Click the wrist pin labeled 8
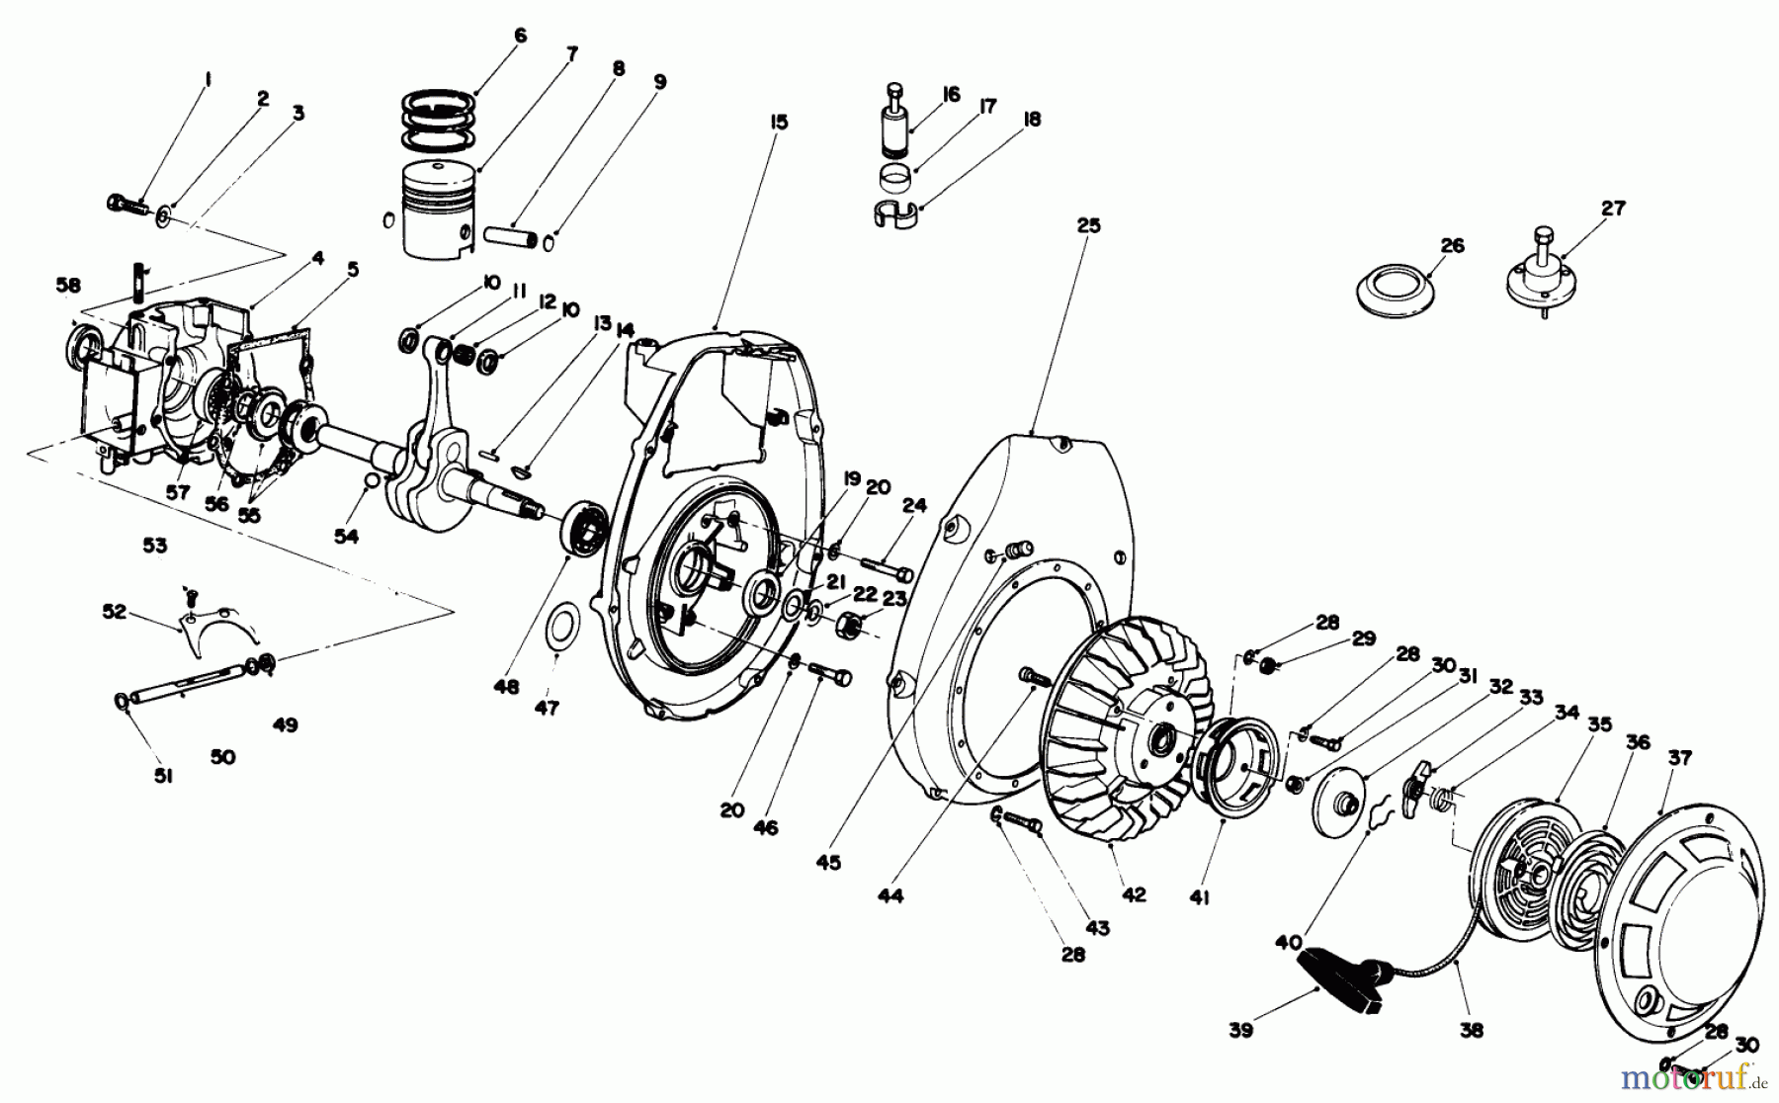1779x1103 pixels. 509,238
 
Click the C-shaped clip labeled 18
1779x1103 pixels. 895,213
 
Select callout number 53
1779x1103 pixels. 155,545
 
